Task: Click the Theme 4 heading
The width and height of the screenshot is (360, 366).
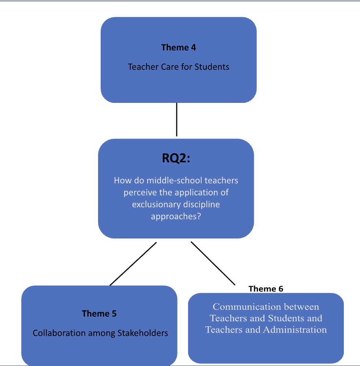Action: [x=179, y=47]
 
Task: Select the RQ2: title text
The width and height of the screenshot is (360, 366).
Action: [x=176, y=158]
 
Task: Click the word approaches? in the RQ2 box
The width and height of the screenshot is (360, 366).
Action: [x=176, y=216]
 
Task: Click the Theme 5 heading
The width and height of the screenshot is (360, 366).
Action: [x=99, y=313]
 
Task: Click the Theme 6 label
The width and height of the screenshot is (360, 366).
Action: [x=266, y=289]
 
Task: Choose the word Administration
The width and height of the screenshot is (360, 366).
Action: [x=295, y=330]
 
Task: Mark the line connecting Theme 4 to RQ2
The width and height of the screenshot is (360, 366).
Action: [x=177, y=119]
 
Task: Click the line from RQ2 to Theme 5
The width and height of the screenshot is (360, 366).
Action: [x=133, y=263]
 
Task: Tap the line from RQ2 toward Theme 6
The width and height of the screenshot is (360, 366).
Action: [x=213, y=263]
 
